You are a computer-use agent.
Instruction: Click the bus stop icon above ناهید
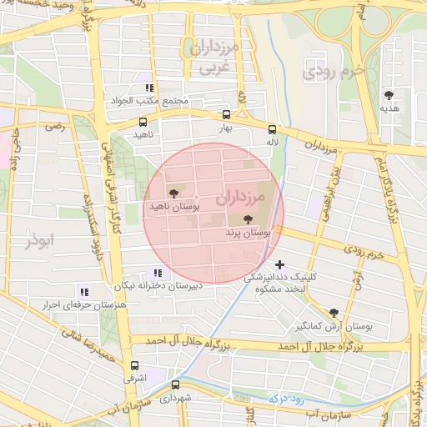click(142, 122)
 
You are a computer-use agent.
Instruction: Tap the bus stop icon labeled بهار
click(226, 115)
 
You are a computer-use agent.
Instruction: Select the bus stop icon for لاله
click(272, 129)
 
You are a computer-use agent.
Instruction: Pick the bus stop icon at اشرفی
click(135, 365)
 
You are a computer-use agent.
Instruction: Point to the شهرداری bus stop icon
click(175, 384)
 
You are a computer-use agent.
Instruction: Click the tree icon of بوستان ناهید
click(173, 192)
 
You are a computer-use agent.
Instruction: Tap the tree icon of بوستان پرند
click(247, 220)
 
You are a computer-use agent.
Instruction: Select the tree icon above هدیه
click(389, 95)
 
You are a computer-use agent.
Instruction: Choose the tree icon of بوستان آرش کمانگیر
click(334, 312)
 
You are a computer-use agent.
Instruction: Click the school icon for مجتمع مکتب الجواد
click(149, 88)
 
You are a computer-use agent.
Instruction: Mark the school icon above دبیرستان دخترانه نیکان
click(158, 273)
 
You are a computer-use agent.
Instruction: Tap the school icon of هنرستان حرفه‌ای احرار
click(83, 292)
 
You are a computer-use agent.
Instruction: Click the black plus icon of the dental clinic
click(279, 264)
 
